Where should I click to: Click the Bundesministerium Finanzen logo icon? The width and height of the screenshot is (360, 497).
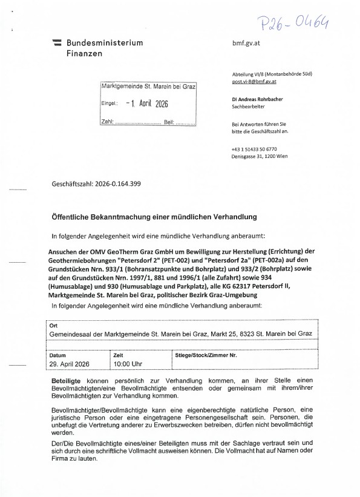pos(57,43)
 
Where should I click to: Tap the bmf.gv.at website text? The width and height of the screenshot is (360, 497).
pos(246,44)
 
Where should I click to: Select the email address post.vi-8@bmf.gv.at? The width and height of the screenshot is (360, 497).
pos(254,81)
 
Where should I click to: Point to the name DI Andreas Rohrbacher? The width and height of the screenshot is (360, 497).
pos(258,99)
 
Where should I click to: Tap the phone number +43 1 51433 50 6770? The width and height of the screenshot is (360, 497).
pos(254,149)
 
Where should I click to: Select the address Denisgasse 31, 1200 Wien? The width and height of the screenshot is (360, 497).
pos(260,156)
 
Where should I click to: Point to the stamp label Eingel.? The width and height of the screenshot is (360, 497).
pos(109,104)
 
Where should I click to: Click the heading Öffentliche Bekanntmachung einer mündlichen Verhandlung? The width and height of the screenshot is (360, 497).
pos(154,216)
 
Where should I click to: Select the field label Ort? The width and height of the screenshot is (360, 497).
pos(54,326)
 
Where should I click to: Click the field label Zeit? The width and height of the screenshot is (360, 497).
pos(119,355)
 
